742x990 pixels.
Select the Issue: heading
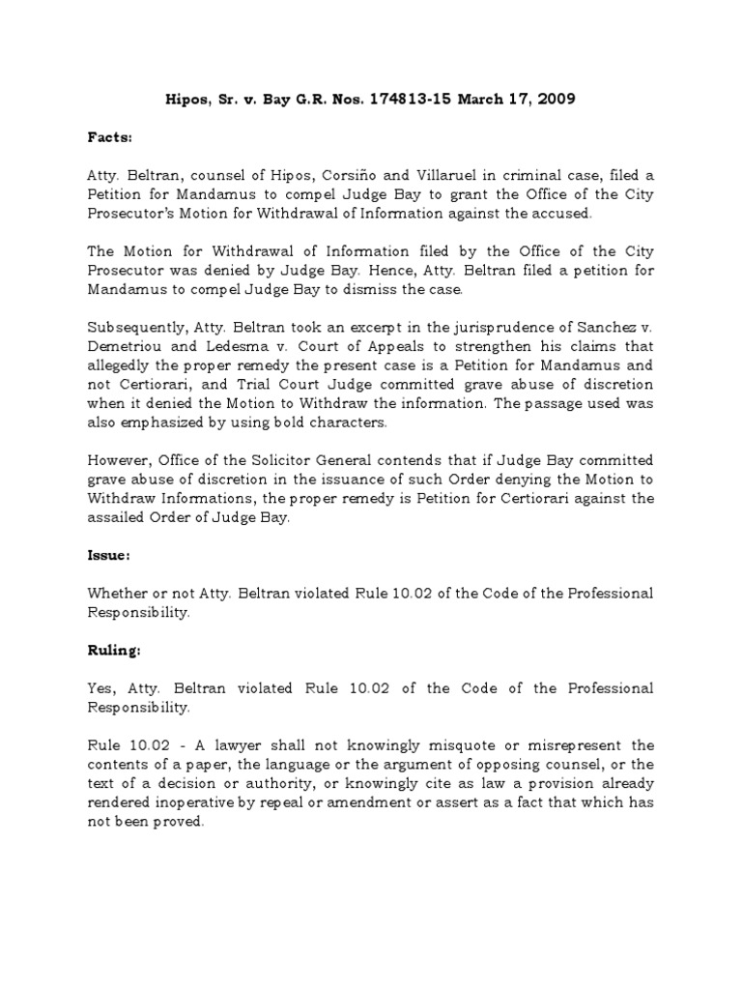108,557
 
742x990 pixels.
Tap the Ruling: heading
114,651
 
